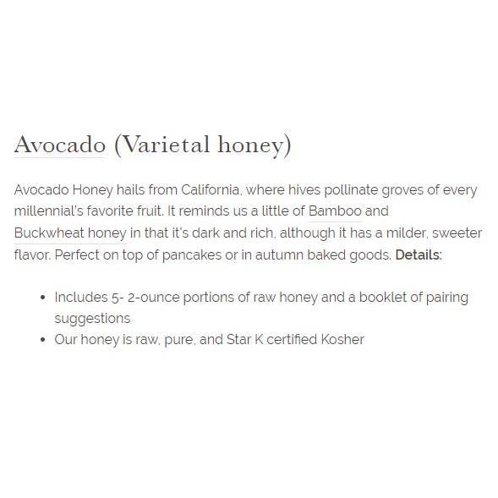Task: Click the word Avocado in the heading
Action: click(x=59, y=145)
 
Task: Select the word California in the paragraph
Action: click(x=210, y=189)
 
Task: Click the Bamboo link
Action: click(x=335, y=211)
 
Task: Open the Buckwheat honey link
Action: click(x=70, y=232)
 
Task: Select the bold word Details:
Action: click(x=419, y=253)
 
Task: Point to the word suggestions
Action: click(x=92, y=318)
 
